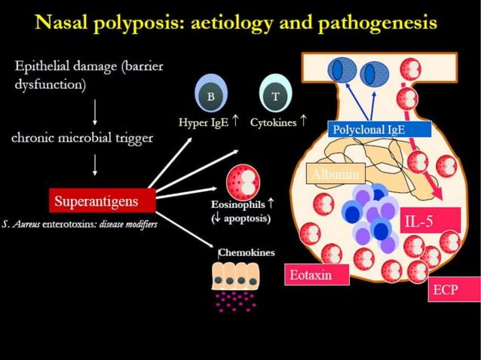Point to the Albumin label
click(x=333, y=175)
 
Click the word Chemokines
click(x=247, y=252)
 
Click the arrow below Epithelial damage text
click(x=94, y=111)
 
